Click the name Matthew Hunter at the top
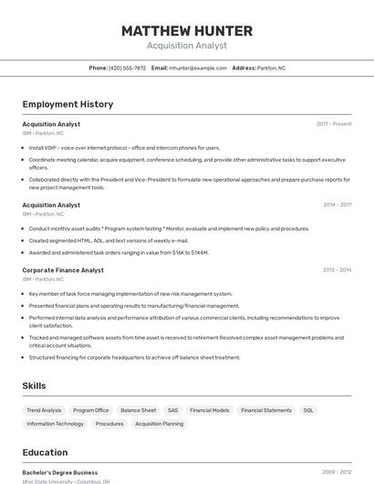187,31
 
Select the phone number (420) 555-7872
127,68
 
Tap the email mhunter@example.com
197,68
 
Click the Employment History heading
68,104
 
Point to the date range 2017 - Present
334,124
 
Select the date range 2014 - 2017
337,205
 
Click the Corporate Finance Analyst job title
63,270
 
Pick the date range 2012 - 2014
337,270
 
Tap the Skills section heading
35,386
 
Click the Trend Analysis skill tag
44,411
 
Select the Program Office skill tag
91,411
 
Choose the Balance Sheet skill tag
138,411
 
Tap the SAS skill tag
172,411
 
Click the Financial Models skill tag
209,411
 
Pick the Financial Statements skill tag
266,411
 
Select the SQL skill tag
308,411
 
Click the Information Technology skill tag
55,424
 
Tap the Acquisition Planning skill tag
159,424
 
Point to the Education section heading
45,452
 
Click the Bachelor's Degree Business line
59,473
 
